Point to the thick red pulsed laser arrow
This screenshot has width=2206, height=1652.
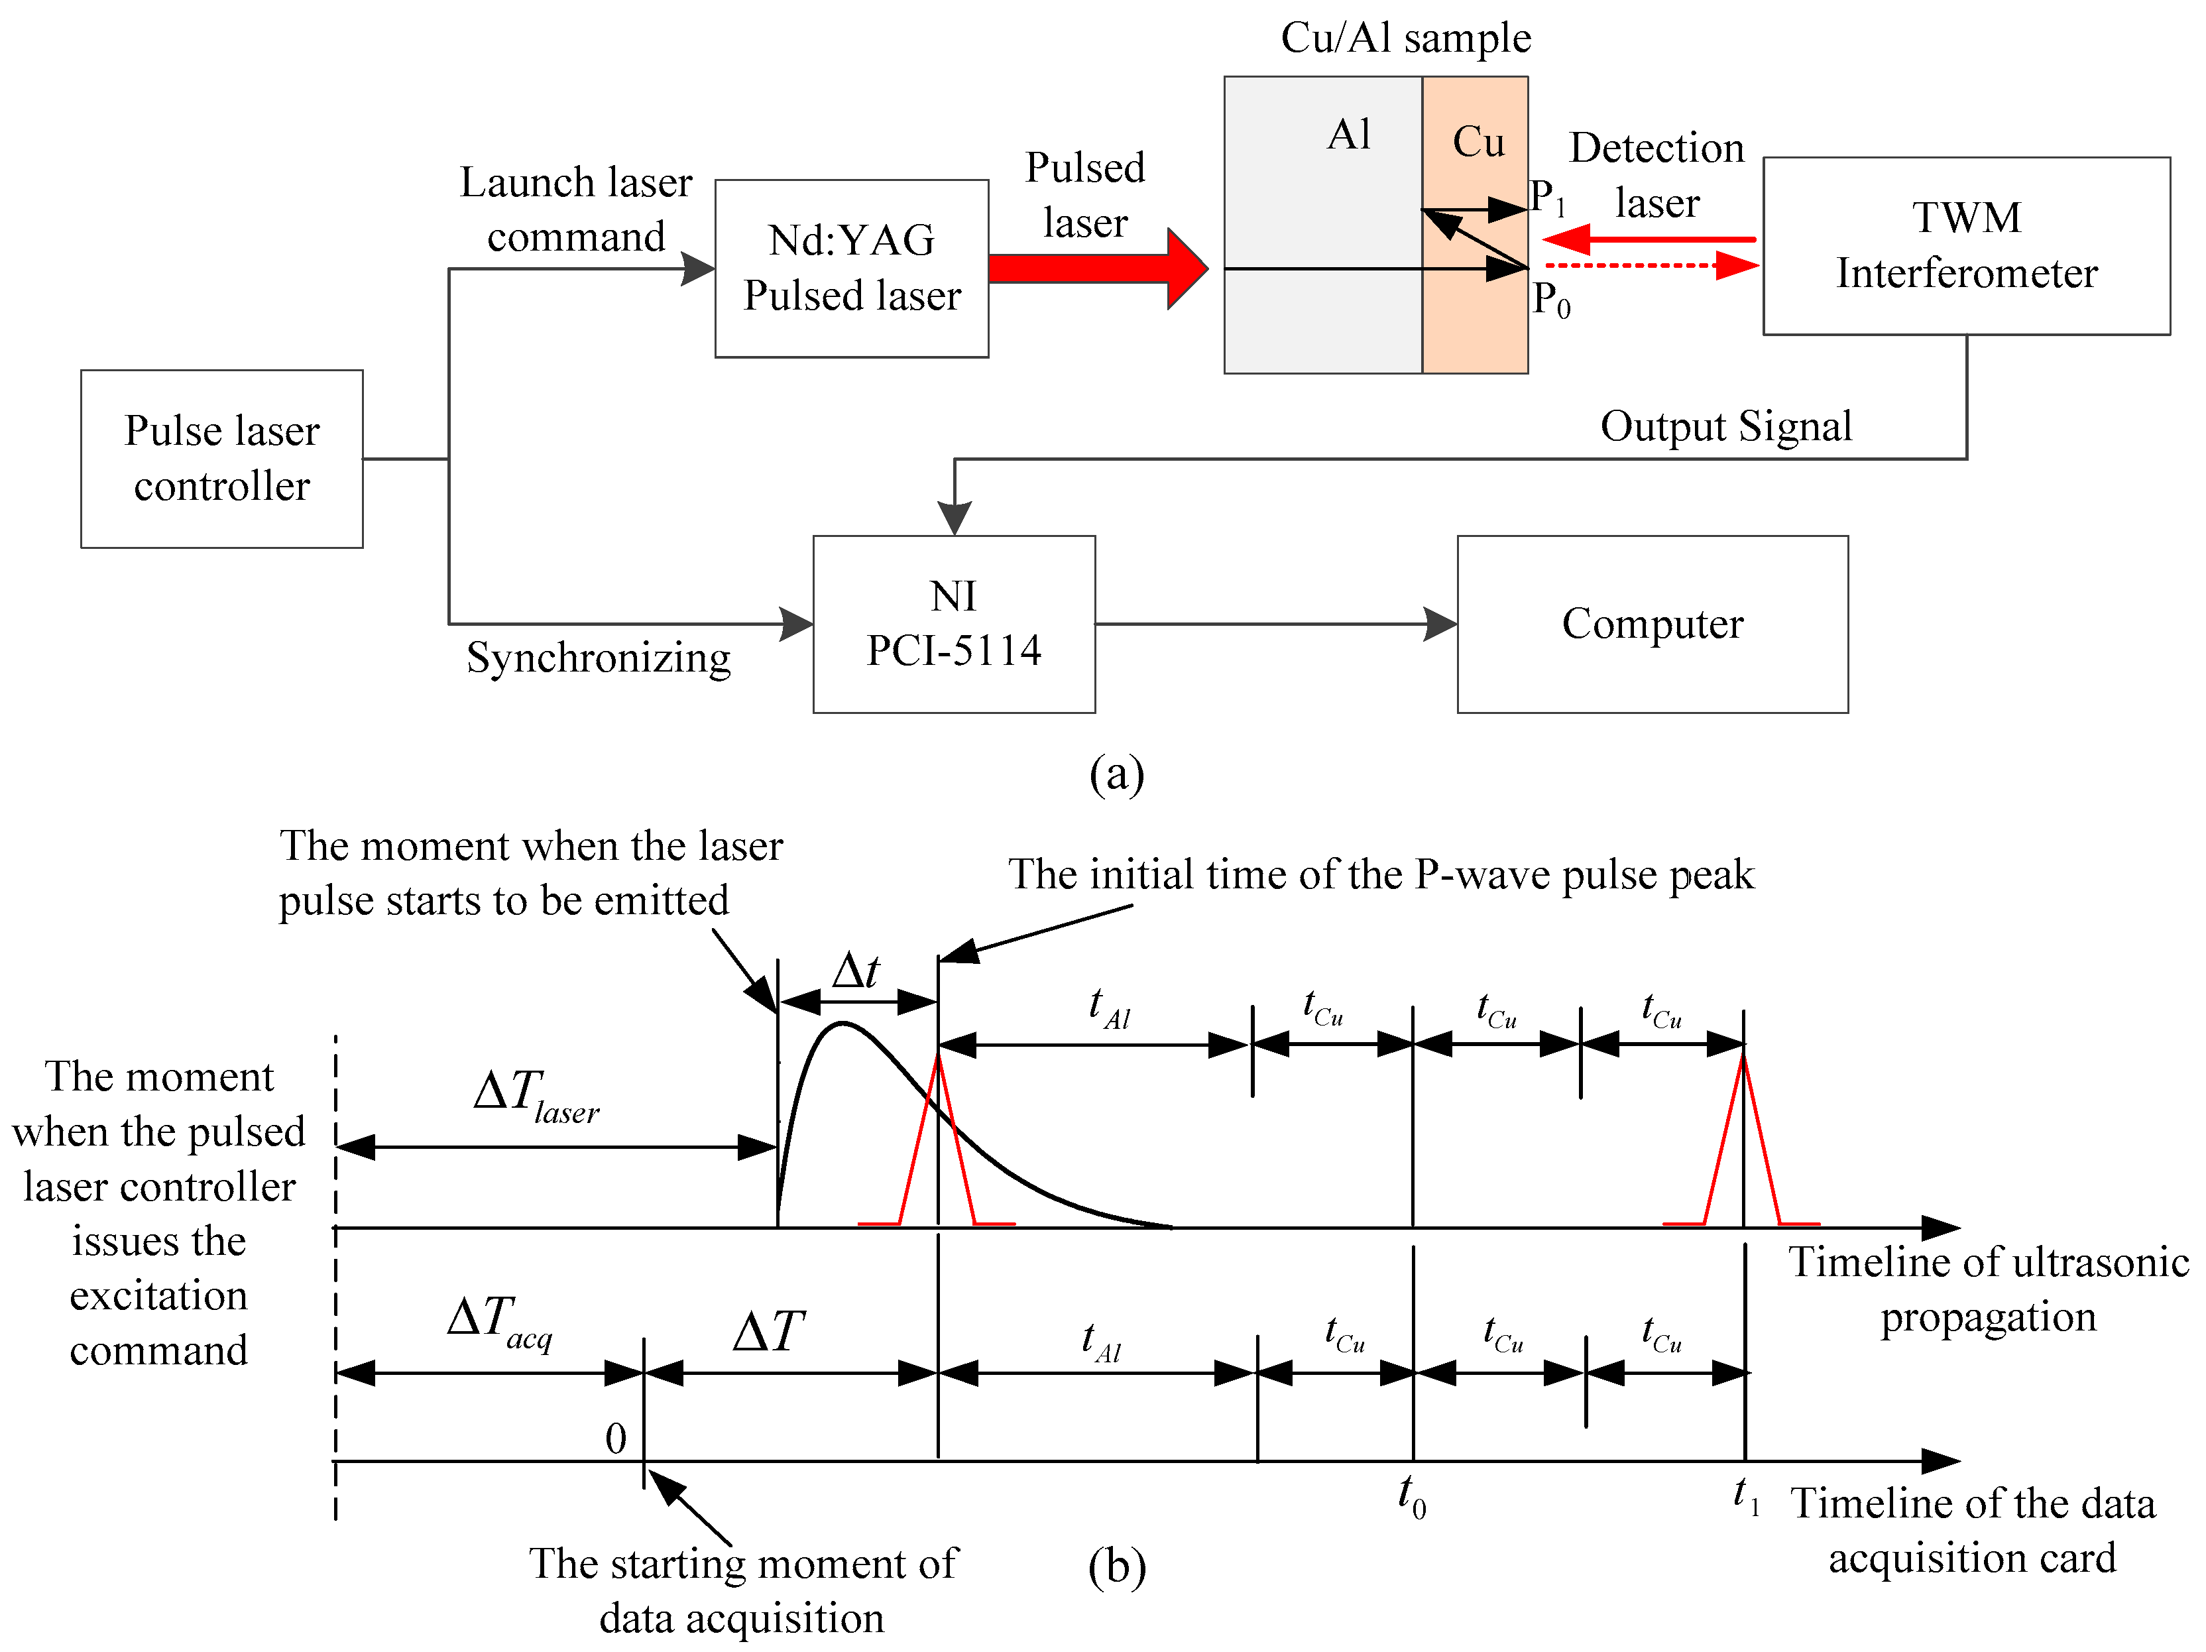pos(1098,268)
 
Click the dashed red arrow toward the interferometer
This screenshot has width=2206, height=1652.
pos(1651,265)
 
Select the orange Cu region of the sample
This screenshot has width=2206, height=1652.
pos(1475,225)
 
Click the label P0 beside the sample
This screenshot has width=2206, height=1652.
pos(1552,298)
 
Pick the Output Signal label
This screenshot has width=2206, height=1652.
pos(1726,426)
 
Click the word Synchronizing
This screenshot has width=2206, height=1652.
pos(599,658)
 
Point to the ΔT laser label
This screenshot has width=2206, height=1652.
pos(536,1094)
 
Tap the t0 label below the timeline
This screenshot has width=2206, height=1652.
pos(1412,1496)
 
